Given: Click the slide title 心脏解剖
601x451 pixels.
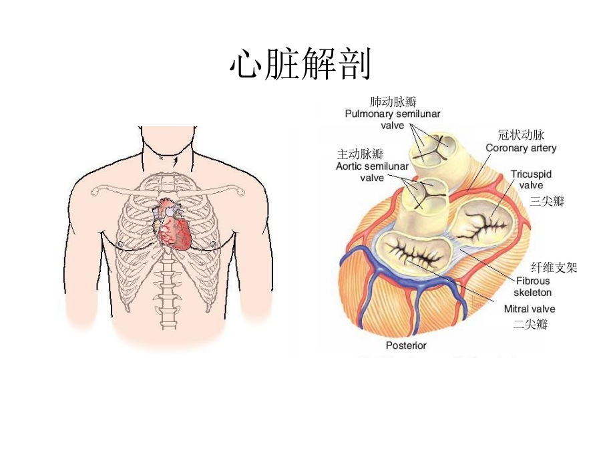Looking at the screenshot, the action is click(x=300, y=63).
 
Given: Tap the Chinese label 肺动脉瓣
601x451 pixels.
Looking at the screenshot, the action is click(x=393, y=102).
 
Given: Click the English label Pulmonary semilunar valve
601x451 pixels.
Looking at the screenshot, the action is click(x=393, y=120).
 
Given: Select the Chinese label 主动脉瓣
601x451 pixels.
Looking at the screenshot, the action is click(x=360, y=154).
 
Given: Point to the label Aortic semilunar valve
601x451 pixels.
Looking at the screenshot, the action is click(x=372, y=172).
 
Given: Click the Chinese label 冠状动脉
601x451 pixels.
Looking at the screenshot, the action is click(x=521, y=134).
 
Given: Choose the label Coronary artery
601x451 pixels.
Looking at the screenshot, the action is click(x=521, y=148).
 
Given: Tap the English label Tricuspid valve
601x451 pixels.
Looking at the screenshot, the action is click(x=531, y=180).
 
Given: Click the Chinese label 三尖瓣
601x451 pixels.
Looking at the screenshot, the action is click(x=547, y=201).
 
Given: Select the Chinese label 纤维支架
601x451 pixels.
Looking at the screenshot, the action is click(x=554, y=267).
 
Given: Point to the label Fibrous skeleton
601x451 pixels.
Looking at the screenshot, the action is click(x=533, y=287).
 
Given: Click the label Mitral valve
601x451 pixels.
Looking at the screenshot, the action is click(x=530, y=309).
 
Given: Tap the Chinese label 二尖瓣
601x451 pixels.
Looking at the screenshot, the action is click(x=530, y=324).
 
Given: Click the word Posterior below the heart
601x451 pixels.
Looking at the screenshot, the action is click(x=406, y=345).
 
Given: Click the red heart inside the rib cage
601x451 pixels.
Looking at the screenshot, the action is click(x=172, y=224).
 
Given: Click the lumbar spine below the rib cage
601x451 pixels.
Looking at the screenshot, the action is click(x=168, y=293).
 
